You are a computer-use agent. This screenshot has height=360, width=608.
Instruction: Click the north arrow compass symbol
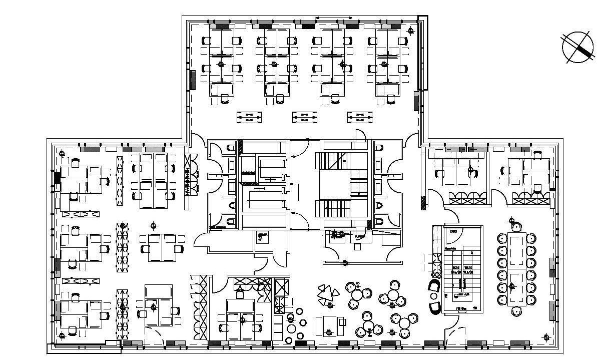click(x=577, y=47)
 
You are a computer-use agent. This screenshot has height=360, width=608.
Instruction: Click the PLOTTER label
click(x=360, y=237)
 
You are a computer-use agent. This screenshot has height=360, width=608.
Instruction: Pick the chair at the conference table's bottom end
click(x=516, y=311)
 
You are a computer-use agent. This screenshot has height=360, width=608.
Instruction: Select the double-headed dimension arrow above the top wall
click(x=334, y=18)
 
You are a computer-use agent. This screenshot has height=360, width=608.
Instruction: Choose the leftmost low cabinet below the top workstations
click(x=249, y=117)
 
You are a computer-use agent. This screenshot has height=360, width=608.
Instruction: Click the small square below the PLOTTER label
click(x=356, y=246)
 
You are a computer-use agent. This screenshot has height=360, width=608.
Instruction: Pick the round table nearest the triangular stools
click(x=356, y=294)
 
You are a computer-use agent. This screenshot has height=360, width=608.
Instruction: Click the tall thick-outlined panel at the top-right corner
click(x=422, y=53)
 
